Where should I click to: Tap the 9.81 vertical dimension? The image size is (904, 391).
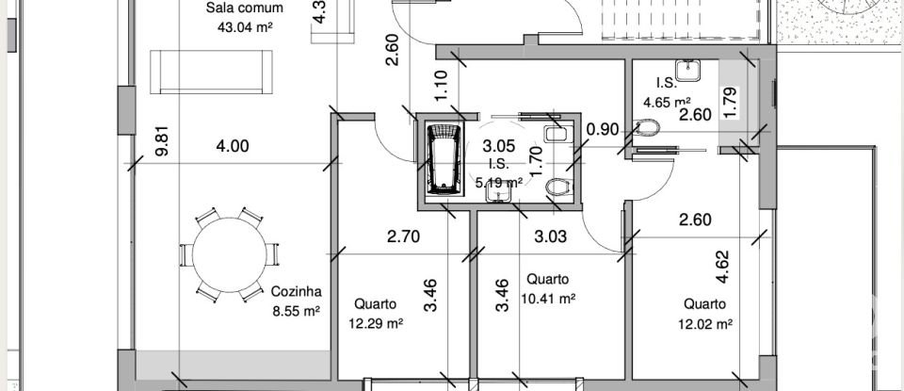tap(164, 142)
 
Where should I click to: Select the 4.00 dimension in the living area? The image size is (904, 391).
tap(233, 146)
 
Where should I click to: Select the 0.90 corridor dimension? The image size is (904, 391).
tap(602, 129)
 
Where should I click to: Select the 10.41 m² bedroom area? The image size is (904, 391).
tap(547, 299)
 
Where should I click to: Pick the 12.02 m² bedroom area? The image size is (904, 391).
tap(705, 323)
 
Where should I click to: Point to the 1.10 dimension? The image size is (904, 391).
tap(440, 86)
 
